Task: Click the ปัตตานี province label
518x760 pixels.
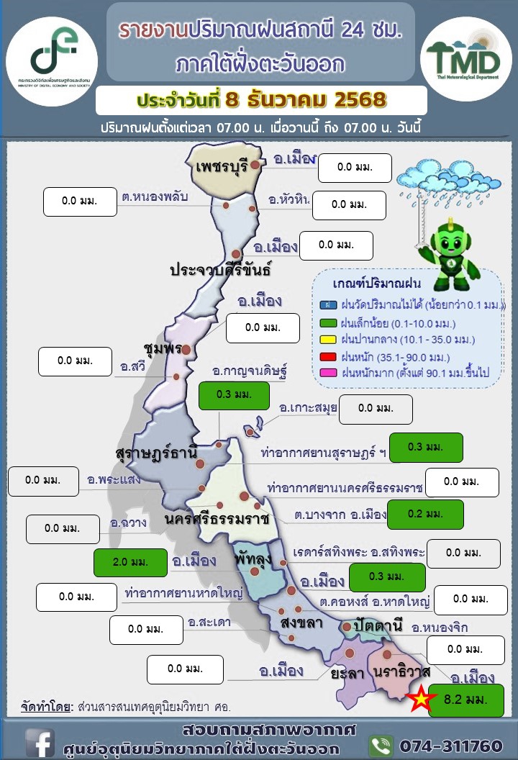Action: click(378, 623)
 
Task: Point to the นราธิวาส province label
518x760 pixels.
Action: click(402, 671)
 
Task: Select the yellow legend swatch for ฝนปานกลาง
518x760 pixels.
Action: click(327, 338)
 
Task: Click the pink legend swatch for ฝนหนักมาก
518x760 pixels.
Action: click(327, 373)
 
